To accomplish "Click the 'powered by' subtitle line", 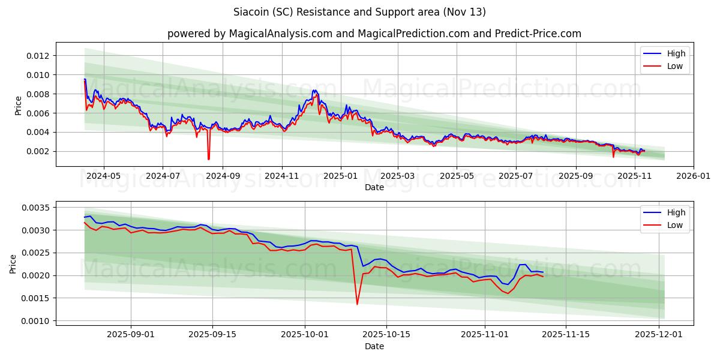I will pos(374,34).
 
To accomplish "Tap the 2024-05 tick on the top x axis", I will pos(104,176).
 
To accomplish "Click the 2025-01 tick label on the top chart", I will pos(341,176).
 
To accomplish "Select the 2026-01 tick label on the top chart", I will pos(694,176).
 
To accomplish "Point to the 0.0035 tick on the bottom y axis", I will pos(37,208).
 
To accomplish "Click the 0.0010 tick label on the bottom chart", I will pos(37,321).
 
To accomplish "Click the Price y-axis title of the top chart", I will pos(18,105).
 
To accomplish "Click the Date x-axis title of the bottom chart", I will pos(374,346).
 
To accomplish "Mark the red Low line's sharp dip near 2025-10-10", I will pos(357,304).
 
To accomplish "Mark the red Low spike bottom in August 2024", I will pos(208,159).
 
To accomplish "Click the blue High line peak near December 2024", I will pos(314,90).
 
